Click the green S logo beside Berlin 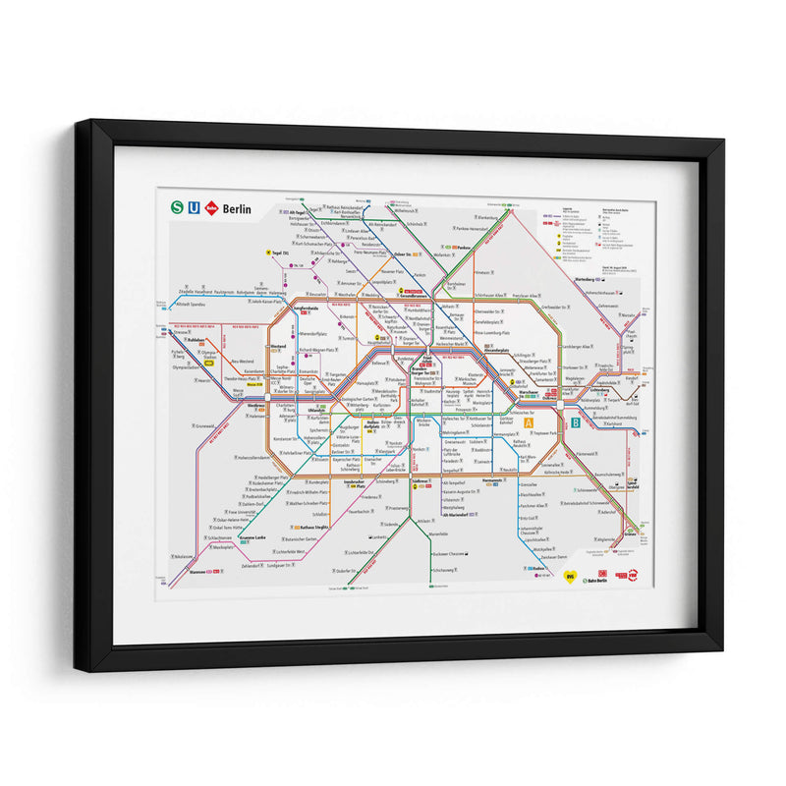177,207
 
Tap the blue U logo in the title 194,207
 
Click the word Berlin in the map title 238,208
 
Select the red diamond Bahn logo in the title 211,207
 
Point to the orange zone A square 528,423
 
